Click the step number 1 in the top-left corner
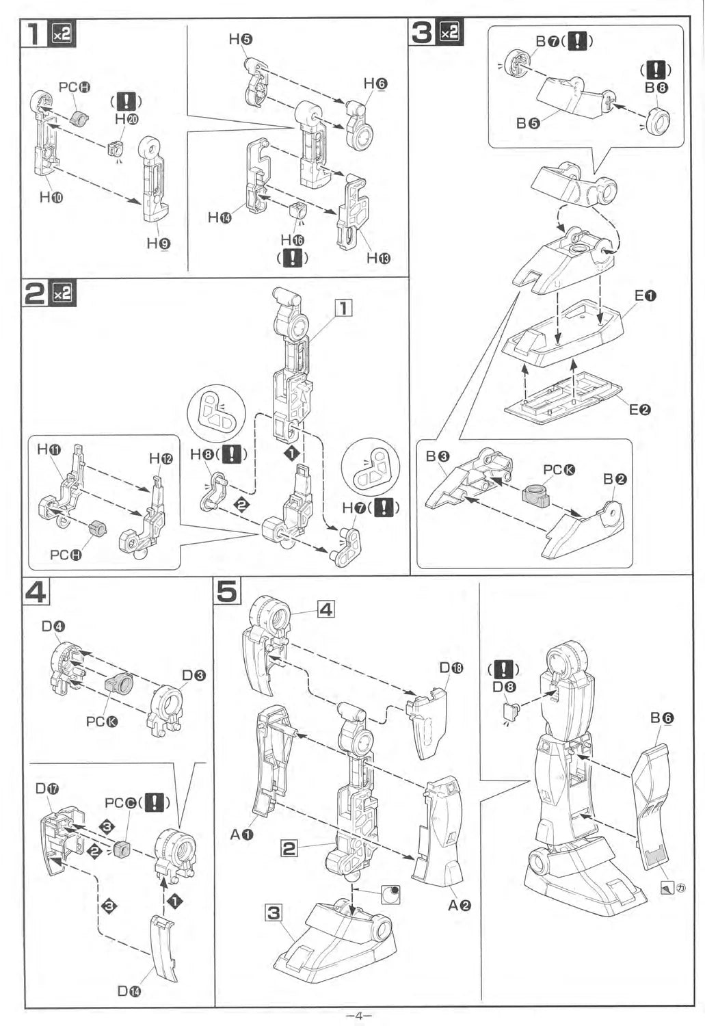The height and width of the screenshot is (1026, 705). tap(34, 34)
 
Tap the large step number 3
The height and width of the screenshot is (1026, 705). tap(422, 32)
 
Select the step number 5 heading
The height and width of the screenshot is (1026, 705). tap(228, 591)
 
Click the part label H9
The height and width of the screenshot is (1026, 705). tap(159, 243)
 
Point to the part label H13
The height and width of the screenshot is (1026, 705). tap(378, 258)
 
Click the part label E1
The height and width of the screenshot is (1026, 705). tap(645, 295)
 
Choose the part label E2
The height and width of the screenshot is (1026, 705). tap(640, 410)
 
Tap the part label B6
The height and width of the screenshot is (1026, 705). tap(662, 718)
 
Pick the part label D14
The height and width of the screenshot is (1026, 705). tap(129, 990)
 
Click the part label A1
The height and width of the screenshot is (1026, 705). tap(241, 834)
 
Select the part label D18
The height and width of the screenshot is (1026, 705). tap(451, 668)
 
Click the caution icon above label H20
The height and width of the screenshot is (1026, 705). tap(127, 102)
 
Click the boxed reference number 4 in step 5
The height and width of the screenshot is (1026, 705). tap(326, 608)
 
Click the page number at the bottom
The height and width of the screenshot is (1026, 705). tap(354, 1016)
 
